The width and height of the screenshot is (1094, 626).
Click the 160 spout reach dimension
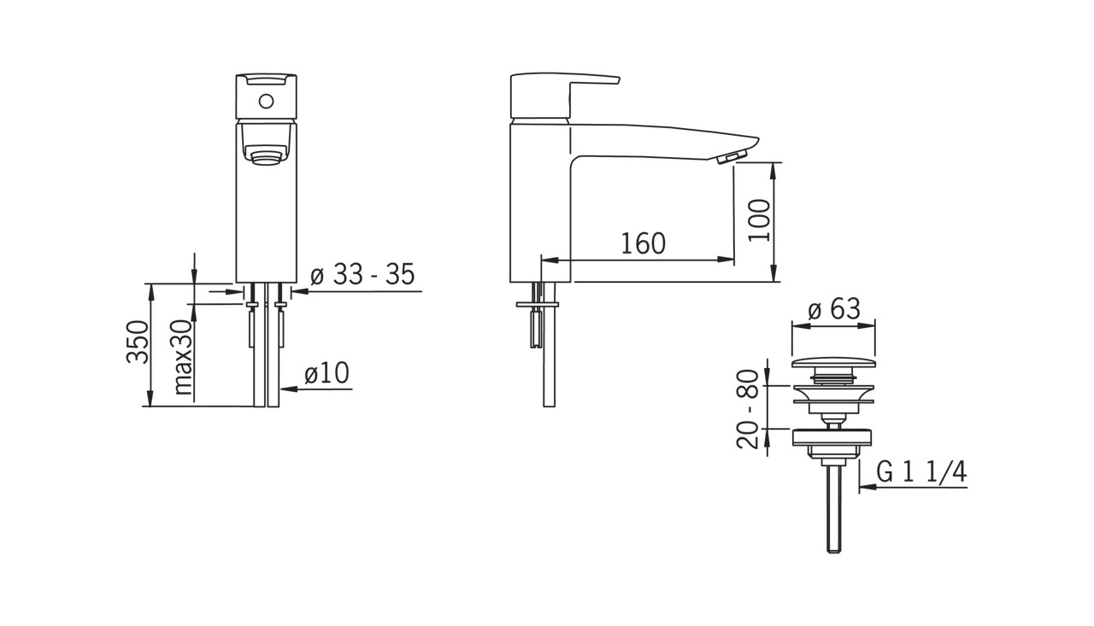(643, 243)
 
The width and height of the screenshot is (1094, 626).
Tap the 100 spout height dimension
(760, 219)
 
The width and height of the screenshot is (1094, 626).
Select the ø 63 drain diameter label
(833, 308)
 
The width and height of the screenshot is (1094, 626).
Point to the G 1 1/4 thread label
(921, 471)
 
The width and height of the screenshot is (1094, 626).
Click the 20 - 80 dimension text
(748, 409)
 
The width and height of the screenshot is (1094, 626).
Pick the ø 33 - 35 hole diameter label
(362, 274)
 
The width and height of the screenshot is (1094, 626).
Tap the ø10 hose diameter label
(326, 372)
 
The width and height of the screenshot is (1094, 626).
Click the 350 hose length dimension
(138, 342)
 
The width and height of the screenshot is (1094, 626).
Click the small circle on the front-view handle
(266, 102)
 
